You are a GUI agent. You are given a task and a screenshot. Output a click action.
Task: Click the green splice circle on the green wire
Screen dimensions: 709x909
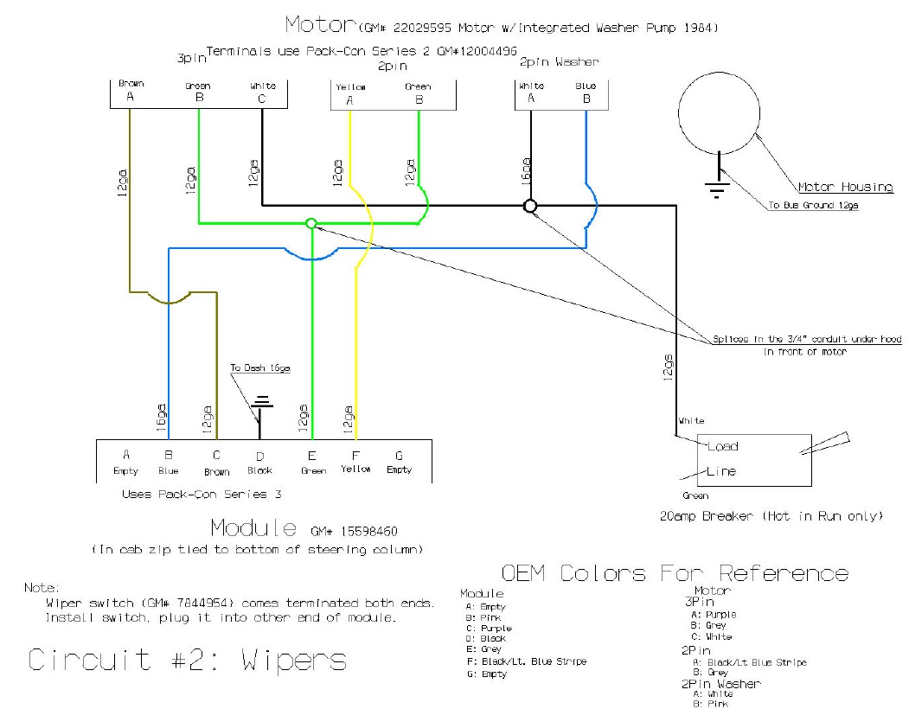point(311,223)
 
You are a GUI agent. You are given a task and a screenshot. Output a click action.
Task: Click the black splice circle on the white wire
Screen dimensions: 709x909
point(530,206)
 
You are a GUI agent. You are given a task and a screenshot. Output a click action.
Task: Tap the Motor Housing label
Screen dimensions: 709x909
point(845,187)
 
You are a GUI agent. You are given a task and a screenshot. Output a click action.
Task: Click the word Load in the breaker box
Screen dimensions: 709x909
point(722,447)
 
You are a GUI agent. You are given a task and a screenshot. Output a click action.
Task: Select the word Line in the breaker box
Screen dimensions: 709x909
point(721,471)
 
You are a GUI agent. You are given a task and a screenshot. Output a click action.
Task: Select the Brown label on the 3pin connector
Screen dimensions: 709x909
point(131,84)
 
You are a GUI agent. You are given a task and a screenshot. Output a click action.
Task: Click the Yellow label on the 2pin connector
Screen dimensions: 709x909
point(350,87)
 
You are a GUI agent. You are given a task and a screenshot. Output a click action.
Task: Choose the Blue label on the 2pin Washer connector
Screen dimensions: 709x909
point(586,86)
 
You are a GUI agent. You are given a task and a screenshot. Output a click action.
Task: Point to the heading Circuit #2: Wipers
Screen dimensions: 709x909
point(187,661)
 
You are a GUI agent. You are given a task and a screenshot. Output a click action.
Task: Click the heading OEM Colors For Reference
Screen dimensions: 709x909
point(675,573)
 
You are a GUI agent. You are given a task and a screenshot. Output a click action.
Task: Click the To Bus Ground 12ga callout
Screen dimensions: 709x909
point(813,205)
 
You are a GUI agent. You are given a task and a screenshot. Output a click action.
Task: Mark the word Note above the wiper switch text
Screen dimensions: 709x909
point(41,587)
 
